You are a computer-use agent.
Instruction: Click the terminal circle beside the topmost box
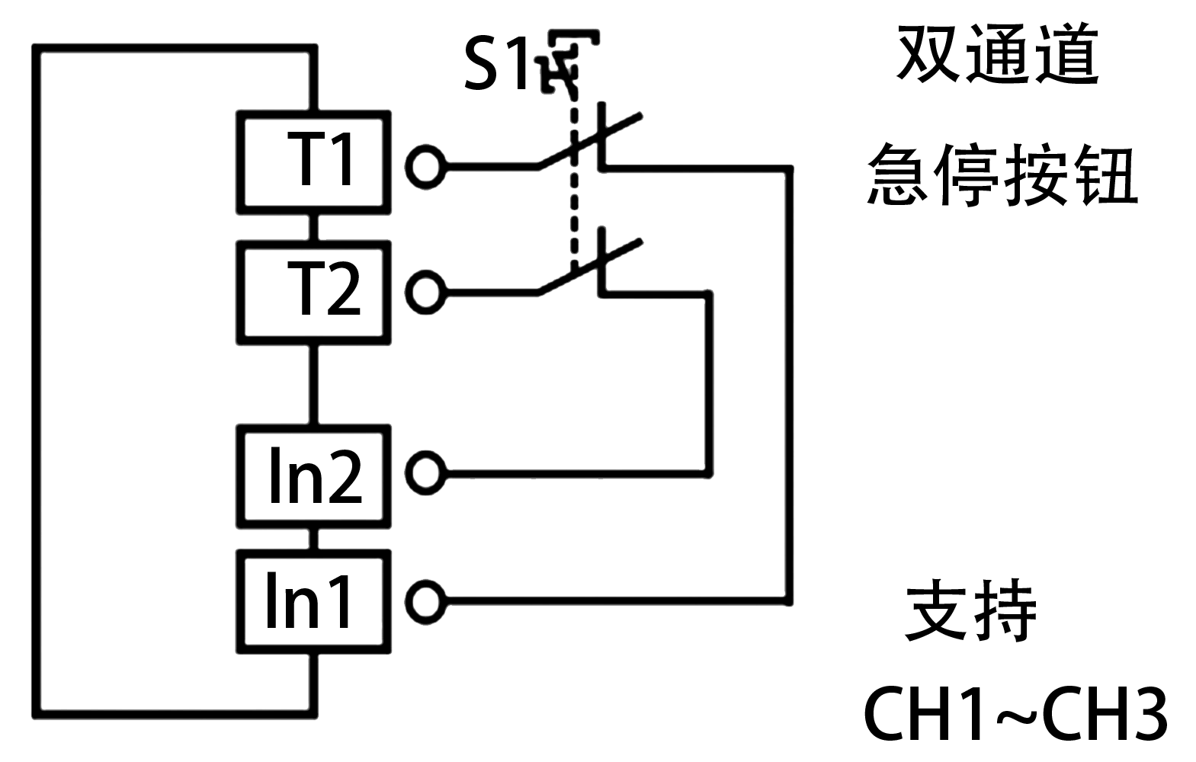[x=425, y=165]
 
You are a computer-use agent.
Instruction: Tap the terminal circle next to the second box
[x=425, y=292]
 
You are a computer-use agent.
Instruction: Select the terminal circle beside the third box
[x=425, y=472]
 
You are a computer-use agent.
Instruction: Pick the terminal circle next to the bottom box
[x=425, y=602]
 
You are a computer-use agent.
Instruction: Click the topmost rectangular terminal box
[x=314, y=162]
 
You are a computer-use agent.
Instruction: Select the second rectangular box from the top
[x=314, y=293]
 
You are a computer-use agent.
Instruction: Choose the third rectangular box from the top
[x=314, y=476]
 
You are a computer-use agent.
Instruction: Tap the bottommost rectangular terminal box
[x=314, y=602]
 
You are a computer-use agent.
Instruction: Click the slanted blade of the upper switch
[x=590, y=139]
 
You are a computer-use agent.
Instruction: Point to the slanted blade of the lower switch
[x=590, y=266]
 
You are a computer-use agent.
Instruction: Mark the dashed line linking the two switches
[x=573, y=198]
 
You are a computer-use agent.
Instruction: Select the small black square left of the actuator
[x=495, y=62]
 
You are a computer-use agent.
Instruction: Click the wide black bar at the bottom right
[x=1015, y=713]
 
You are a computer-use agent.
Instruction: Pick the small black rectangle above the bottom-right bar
[x=970, y=610]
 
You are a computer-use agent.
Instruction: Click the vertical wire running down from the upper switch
[x=790, y=381]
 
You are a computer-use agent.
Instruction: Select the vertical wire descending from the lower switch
[x=709, y=381]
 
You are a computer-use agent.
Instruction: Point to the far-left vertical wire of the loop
[x=36, y=381]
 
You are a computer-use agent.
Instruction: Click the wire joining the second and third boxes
[x=313, y=384]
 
